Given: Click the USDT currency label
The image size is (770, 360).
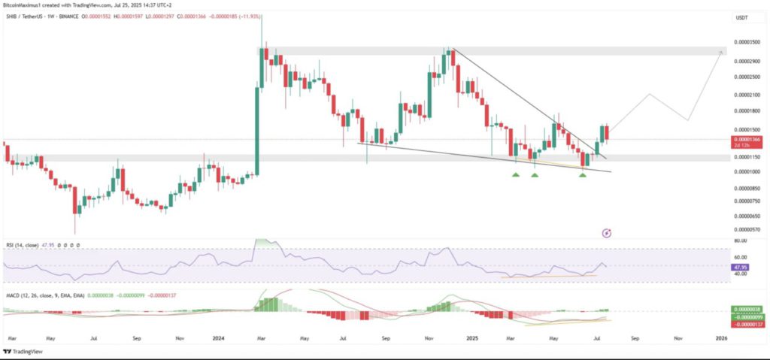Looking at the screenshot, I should pos(741,17).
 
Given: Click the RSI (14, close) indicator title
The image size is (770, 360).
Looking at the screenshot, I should pos(23,244).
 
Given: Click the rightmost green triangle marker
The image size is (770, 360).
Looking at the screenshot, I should pos(583,175).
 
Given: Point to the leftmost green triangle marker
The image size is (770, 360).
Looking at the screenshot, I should pos(516,175).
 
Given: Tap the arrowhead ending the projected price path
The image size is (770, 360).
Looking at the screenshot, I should pos(721,52).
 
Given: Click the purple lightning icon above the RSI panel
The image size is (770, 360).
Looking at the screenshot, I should pos(607,234).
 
